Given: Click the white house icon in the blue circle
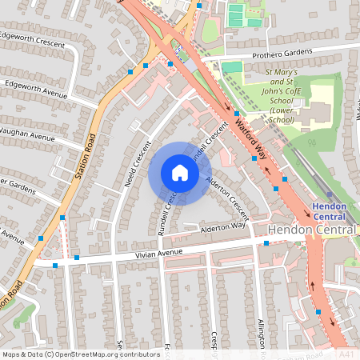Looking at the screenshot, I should [179, 173].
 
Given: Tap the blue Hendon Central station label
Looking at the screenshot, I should [330, 211].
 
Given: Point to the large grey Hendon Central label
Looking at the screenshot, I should [312, 230].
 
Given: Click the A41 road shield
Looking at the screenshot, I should [346, 353].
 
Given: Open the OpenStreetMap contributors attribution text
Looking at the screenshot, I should [80, 354].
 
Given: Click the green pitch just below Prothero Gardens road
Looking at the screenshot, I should [231, 67].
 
